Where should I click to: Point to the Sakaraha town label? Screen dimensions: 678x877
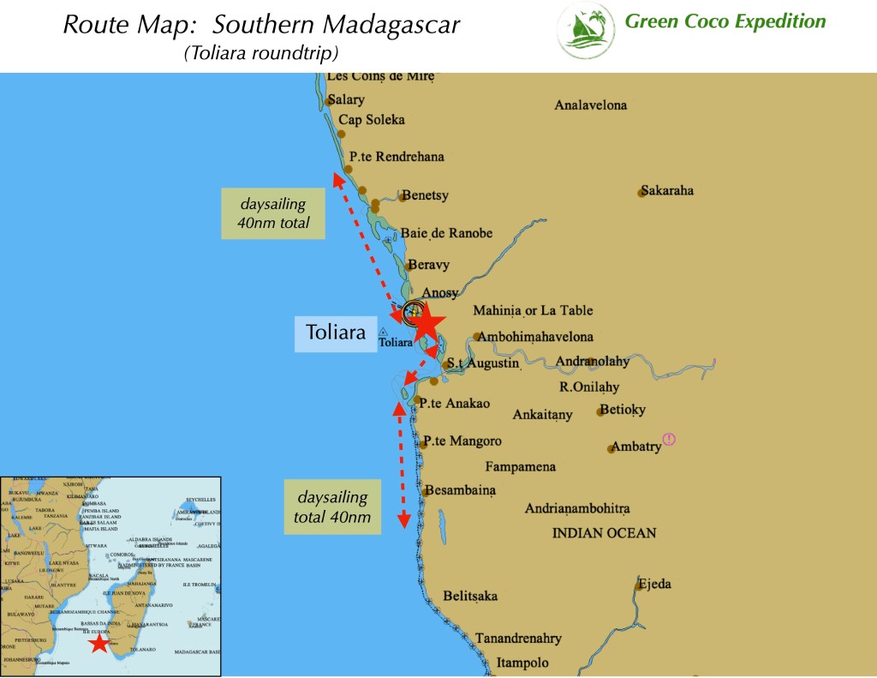[667, 190]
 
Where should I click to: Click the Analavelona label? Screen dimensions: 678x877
[591, 105]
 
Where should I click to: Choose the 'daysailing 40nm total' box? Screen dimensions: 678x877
[272, 213]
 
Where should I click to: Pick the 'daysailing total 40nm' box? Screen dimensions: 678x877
[333, 507]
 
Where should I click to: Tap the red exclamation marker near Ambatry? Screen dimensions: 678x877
[669, 440]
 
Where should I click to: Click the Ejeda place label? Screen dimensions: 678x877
[654, 585]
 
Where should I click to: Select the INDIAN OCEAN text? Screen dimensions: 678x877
[605, 533]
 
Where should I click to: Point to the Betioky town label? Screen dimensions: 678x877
[628, 410]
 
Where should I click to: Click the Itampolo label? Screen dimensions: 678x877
[522, 663]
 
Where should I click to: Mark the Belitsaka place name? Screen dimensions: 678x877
[470, 597]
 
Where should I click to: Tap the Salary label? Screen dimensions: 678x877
[346, 99]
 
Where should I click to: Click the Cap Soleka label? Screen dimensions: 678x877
[372, 120]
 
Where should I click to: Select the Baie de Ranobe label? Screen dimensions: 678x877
[447, 233]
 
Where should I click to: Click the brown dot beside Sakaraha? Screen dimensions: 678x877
[641, 193]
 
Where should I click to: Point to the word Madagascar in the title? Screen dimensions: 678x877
[398, 25]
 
